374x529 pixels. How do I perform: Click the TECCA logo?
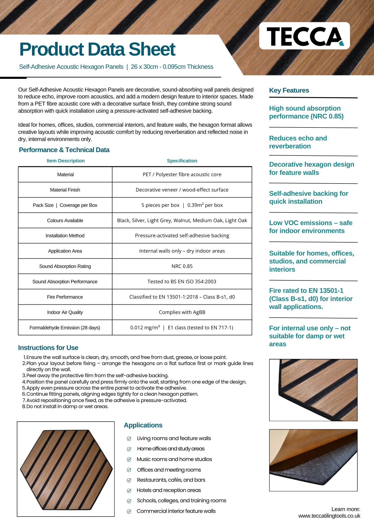[x=304, y=36]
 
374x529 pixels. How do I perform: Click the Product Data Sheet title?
[x=97, y=49]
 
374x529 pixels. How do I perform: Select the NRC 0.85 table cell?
[x=182, y=266]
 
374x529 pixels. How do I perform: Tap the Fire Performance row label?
[x=65, y=297]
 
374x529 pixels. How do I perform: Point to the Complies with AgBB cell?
[x=182, y=312]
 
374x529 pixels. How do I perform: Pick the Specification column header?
[x=182, y=161]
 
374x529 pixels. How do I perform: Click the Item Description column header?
[x=66, y=161]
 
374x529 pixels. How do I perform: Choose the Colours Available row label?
[x=65, y=221]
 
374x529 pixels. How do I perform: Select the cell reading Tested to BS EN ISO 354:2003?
[x=182, y=282]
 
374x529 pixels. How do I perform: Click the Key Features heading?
[x=289, y=90]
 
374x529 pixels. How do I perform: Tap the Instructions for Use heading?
[x=48, y=348]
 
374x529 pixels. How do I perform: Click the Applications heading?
[x=143, y=425]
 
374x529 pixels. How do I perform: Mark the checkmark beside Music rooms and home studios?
[x=129, y=459]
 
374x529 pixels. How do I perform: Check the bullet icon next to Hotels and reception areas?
[x=129, y=491]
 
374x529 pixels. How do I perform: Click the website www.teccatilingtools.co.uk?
[x=329, y=516]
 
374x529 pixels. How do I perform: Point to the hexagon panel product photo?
[x=66, y=469]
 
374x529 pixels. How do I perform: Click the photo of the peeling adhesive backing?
[x=313, y=460]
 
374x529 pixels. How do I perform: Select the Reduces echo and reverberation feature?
[x=298, y=142]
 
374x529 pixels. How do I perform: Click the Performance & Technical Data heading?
[x=64, y=150]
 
